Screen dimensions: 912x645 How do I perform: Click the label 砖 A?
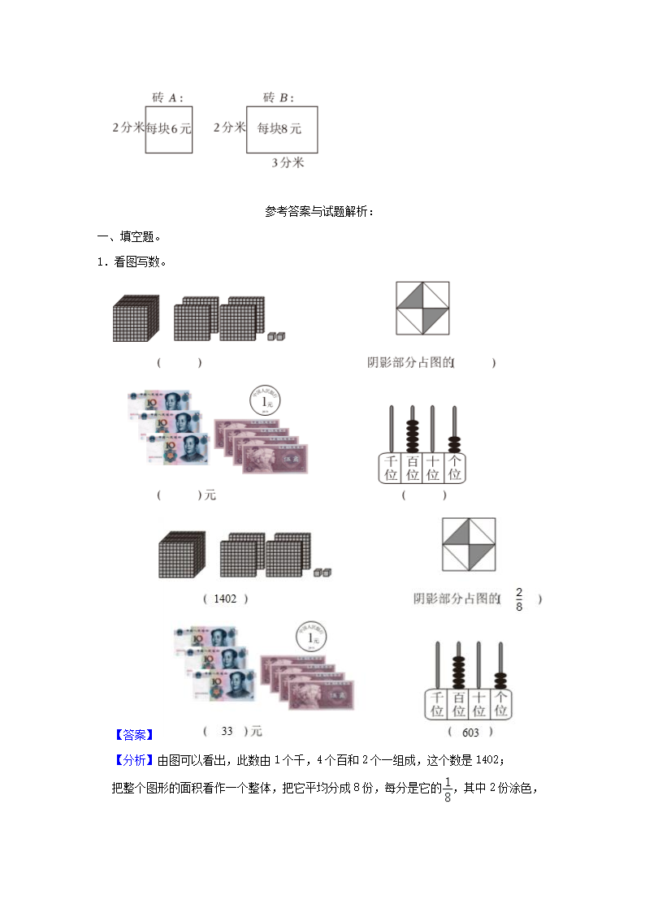point(167,97)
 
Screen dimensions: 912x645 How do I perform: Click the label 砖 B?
point(278,97)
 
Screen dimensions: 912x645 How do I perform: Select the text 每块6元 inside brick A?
point(169,128)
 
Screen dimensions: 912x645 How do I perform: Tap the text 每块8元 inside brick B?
point(279,128)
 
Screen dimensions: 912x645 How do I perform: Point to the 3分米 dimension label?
point(288,162)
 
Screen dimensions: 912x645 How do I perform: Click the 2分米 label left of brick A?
point(128,128)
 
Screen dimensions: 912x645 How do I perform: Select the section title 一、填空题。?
point(129,236)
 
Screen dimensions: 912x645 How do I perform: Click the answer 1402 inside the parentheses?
point(225,599)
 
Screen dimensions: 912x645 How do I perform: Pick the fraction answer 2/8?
point(520,599)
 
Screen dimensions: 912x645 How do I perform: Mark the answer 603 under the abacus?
point(470,733)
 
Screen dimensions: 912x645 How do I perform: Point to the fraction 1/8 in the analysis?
point(447,789)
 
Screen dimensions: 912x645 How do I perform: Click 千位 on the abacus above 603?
point(437,704)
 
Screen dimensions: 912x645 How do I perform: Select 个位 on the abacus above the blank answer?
point(454,467)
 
